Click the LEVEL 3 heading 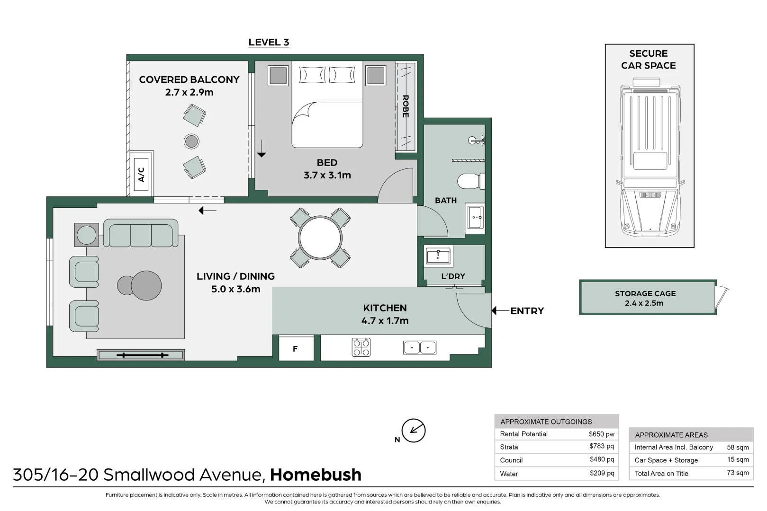coord(269,42)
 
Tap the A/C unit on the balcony coord(141,174)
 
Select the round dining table coord(320,238)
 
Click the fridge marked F coord(296,349)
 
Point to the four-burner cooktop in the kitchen coord(361,347)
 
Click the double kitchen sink coord(420,347)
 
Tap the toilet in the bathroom coord(470,181)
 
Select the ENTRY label coord(527,311)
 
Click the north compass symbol coord(413,431)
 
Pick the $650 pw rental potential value coord(601,434)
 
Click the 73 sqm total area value coord(738,473)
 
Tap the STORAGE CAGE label coord(645,293)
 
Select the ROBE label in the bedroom coord(406,106)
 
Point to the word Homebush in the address coord(316,475)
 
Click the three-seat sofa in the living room coord(141,234)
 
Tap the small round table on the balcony coord(191,141)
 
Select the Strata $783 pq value coord(601,446)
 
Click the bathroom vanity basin coord(476,217)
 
